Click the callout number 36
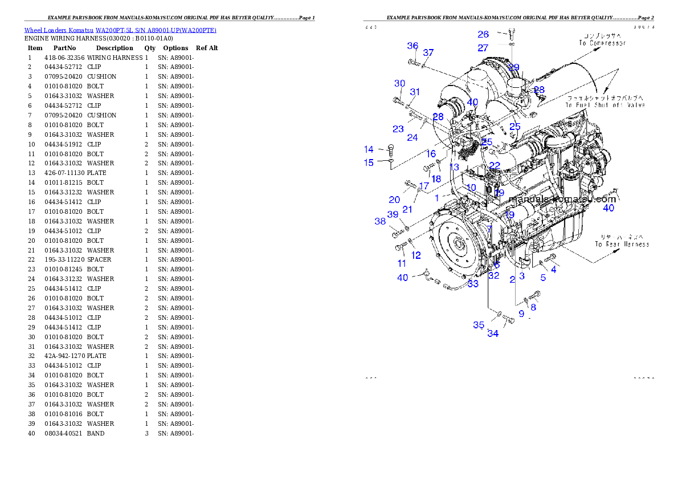coord(412,46)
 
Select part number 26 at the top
coord(483,35)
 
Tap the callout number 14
coord(369,149)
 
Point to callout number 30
coord(399,84)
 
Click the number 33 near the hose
coord(473,283)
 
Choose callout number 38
coord(380,221)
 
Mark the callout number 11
coord(402,263)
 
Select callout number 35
coord(479,325)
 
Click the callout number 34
coord(493,333)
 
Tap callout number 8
coord(533,307)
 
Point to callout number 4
coord(553,270)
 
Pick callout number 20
coord(394,200)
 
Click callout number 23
coord(398,129)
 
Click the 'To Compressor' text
coord(602,43)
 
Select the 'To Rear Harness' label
coord(622,244)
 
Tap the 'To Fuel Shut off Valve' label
coord(605,105)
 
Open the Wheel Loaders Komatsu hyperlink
coord(120,30)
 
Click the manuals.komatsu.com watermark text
coord(562,200)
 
